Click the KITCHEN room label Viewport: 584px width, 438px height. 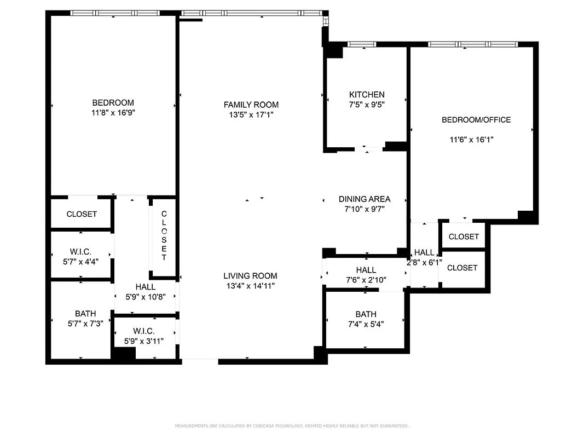[367, 95]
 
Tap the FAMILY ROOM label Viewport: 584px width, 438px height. [251, 105]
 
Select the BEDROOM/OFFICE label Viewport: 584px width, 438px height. [476, 120]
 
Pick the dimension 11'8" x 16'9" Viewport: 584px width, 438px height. [113, 113]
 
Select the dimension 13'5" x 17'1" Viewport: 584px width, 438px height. [251, 115]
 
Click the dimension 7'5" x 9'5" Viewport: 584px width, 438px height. [367, 105]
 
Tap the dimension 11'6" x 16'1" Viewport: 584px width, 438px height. [472, 140]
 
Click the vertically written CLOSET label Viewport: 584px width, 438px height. [164, 235]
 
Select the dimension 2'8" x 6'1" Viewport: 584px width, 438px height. [424, 262]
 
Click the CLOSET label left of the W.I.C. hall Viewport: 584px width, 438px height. [82, 214]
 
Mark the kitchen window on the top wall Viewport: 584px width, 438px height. [359, 44]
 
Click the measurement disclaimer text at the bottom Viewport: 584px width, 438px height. [292, 425]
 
